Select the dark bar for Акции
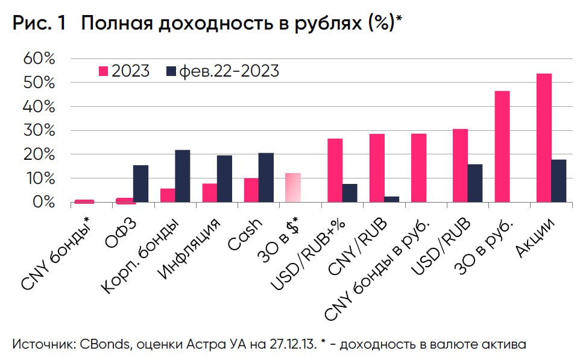coord(559,181)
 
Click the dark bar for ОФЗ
coord(140,183)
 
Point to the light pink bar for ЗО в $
coord(292,188)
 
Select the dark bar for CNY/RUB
coord(391,199)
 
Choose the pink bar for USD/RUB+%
coord(335,170)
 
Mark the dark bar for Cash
coord(266,177)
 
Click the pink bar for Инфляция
coord(209,192)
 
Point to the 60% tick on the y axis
coord(40,59)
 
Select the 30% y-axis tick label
coord(40,131)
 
